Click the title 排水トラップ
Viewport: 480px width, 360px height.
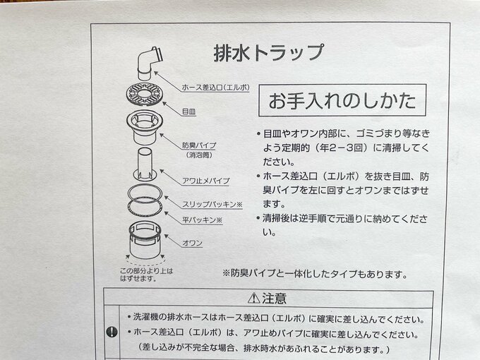pyautogui.click(x=268, y=52)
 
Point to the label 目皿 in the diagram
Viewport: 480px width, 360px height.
pyautogui.click(x=188, y=111)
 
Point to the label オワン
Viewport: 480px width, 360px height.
pyautogui.click(x=193, y=243)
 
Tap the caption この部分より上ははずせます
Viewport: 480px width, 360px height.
pyautogui.click(x=145, y=274)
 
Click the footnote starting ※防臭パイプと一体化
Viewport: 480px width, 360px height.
pyautogui.click(x=314, y=273)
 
